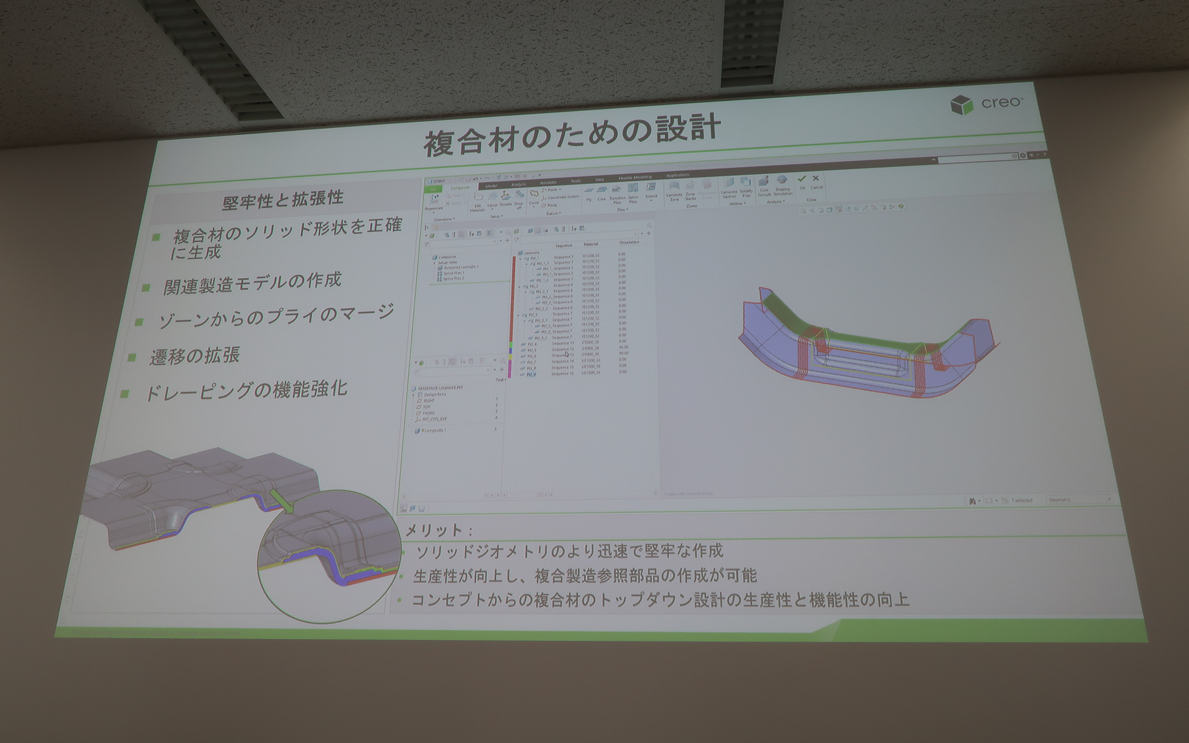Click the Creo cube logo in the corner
pos(961,105)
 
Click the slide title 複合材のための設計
pos(572,136)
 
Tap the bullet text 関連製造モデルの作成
pos(253,283)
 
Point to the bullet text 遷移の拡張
pos(194,356)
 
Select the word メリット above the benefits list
pos(434,531)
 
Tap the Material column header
pos(591,245)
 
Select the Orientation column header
pos(629,243)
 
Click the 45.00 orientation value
pos(622,347)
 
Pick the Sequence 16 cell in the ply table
pos(563,374)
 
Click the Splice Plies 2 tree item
pos(453,279)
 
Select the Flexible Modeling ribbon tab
pos(634,178)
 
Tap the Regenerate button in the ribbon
pos(435,202)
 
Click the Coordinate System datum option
pos(563,198)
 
